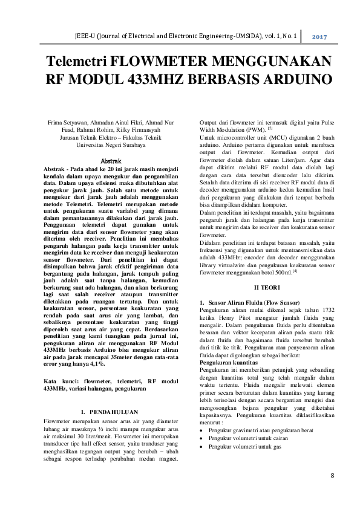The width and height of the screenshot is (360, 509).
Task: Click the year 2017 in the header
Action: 319,37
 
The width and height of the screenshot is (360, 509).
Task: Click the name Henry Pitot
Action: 235,317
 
